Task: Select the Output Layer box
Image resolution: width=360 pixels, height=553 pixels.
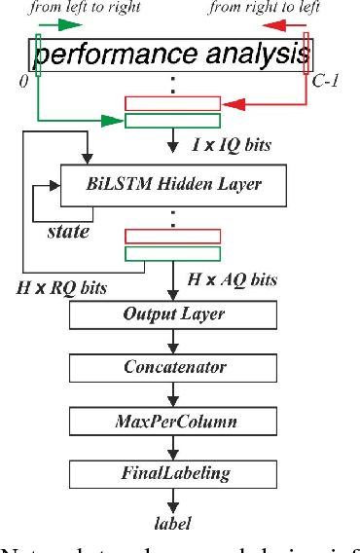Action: [173, 314]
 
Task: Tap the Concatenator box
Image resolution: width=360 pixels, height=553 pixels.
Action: [173, 367]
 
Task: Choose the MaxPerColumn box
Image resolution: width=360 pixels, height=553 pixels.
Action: [173, 421]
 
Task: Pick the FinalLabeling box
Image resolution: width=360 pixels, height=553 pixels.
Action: [173, 474]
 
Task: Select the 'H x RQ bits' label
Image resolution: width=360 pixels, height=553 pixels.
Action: [61, 287]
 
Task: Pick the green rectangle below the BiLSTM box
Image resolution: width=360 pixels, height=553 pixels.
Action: [173, 253]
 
